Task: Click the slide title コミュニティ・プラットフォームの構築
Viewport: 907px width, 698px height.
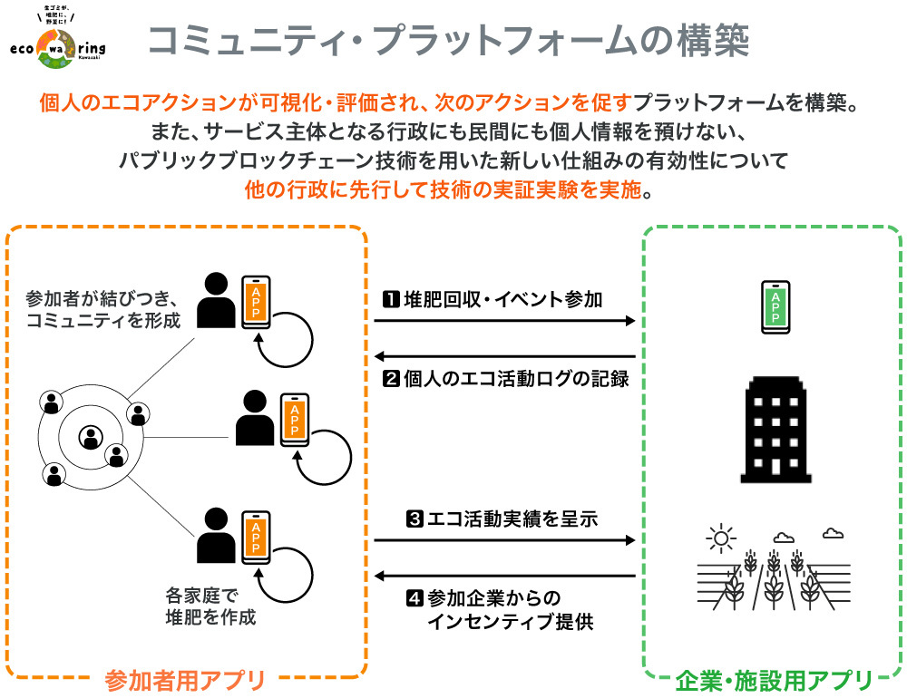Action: pos(448,41)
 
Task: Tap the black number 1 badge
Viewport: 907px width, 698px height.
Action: pos(390,299)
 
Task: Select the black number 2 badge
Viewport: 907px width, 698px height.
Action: pos(390,379)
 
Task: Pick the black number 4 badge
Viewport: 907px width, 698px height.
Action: pos(414,598)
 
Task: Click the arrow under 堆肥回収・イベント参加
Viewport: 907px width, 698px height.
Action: pos(504,321)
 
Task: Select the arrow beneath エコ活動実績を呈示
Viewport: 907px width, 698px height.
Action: pos(504,541)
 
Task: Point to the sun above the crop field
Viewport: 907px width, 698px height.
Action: pos(721,539)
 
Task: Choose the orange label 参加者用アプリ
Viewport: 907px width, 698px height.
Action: pos(185,679)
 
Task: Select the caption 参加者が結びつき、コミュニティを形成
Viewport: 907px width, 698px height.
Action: pos(103,309)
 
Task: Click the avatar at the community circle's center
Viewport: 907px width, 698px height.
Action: pos(90,438)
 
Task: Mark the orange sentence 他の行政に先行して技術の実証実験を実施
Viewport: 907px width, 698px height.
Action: pos(449,191)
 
